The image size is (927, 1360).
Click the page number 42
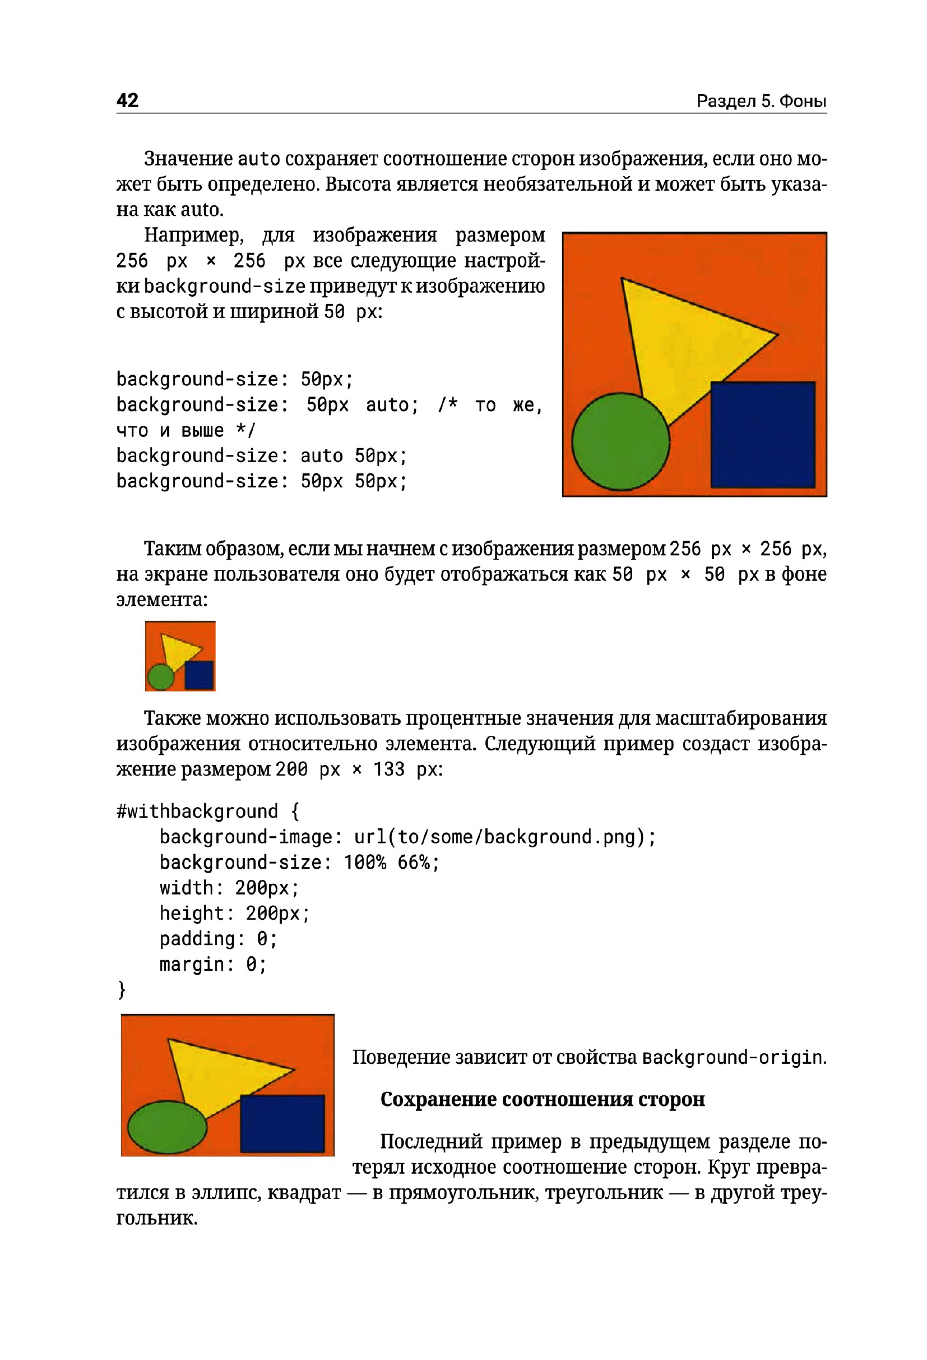tap(127, 100)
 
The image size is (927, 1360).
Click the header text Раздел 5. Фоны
tap(761, 102)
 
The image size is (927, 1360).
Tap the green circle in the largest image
tap(620, 441)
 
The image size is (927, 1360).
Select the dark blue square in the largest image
tap(762, 434)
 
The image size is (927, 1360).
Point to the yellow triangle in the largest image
tap(690, 339)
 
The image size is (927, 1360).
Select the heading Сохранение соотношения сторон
tap(542, 1100)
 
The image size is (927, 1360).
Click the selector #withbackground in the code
tap(197, 812)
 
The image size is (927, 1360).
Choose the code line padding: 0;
tap(218, 939)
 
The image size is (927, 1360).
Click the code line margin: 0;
tap(213, 964)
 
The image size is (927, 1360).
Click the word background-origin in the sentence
tap(733, 1058)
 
